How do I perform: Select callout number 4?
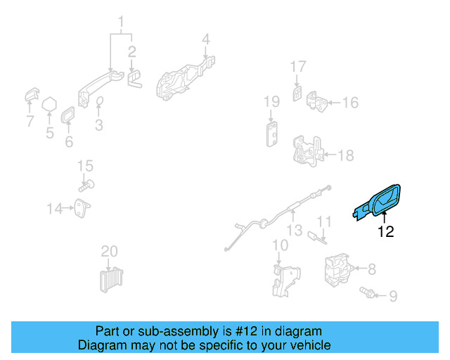[x=205, y=39]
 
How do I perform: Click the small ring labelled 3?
[x=99, y=103]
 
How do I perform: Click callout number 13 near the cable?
[x=293, y=230]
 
